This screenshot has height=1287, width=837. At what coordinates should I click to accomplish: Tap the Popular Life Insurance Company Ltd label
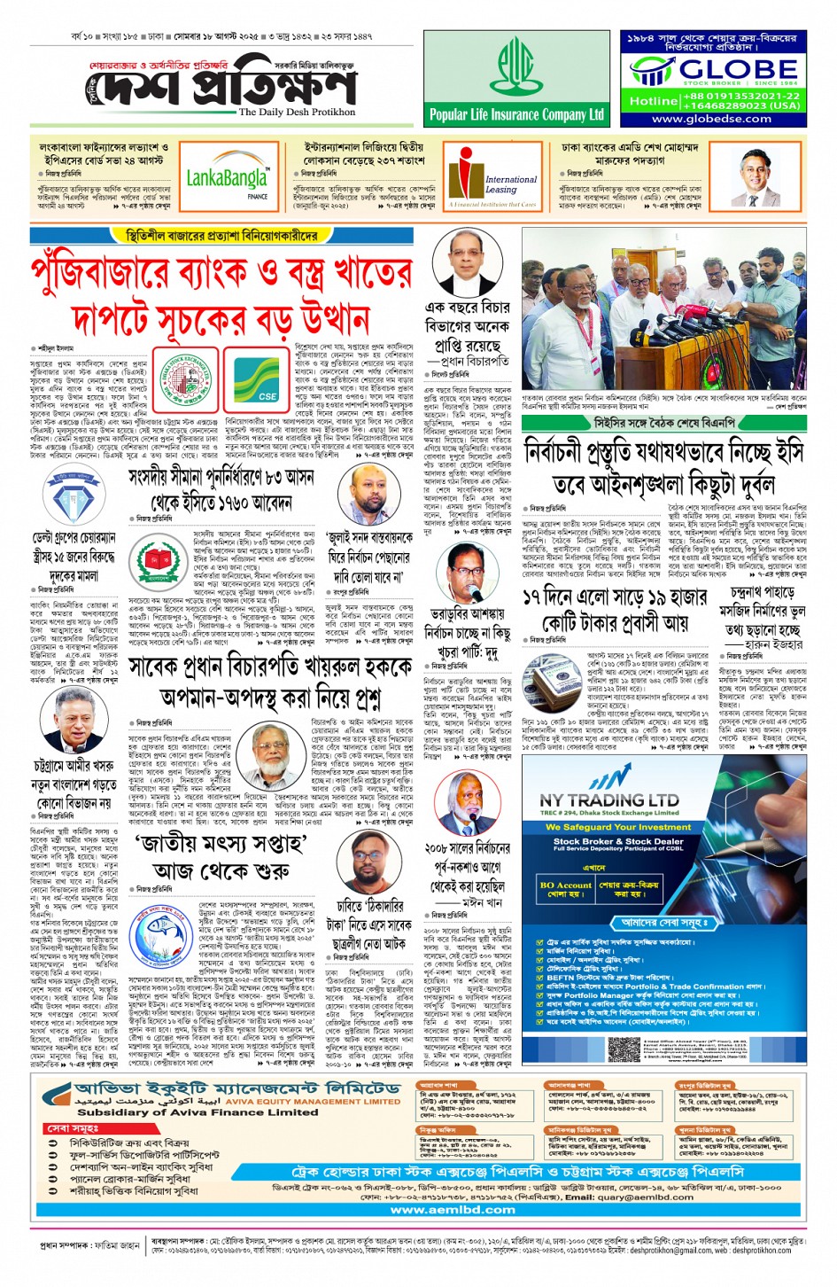[516, 114]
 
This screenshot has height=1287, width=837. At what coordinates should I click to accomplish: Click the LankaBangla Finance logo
[228, 181]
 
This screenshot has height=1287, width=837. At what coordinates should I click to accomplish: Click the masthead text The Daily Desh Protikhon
[297, 113]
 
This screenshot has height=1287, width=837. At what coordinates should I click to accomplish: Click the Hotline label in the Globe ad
[653, 101]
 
